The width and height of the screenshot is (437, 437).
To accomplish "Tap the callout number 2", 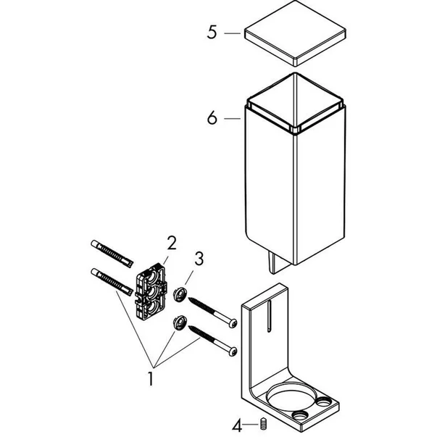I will click(x=172, y=243).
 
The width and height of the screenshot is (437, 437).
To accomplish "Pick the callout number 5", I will click(x=212, y=33).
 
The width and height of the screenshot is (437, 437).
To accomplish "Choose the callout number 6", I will click(x=212, y=118).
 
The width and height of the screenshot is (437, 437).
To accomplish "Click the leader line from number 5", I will click(x=233, y=33).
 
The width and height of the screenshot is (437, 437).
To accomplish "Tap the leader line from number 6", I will click(x=233, y=118).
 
